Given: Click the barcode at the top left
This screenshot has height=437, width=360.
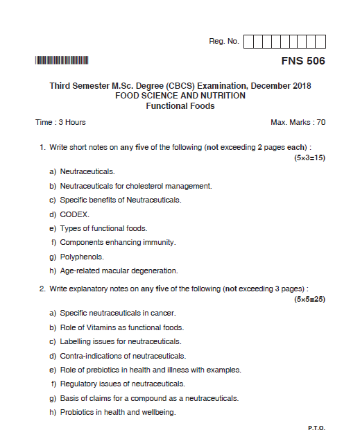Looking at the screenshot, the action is pos(62,60).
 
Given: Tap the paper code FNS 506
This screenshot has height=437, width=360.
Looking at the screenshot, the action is pos(302,61).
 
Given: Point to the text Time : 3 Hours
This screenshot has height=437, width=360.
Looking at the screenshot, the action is pos(60,122).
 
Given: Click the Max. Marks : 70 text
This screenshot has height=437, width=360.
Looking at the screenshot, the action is pos(298,122).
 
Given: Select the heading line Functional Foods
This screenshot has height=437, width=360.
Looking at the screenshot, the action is pos(180,106).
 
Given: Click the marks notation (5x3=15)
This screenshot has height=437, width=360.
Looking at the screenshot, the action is pos(309,158).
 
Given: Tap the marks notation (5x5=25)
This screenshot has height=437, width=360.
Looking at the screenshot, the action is pos(309,299).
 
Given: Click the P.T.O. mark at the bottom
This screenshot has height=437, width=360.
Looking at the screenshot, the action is pos(316,427).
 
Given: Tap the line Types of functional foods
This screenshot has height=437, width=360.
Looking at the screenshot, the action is pos(103,228).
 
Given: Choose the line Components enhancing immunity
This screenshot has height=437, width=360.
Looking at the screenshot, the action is pos(117,242).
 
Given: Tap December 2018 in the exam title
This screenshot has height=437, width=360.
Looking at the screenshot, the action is pos(281,86).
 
